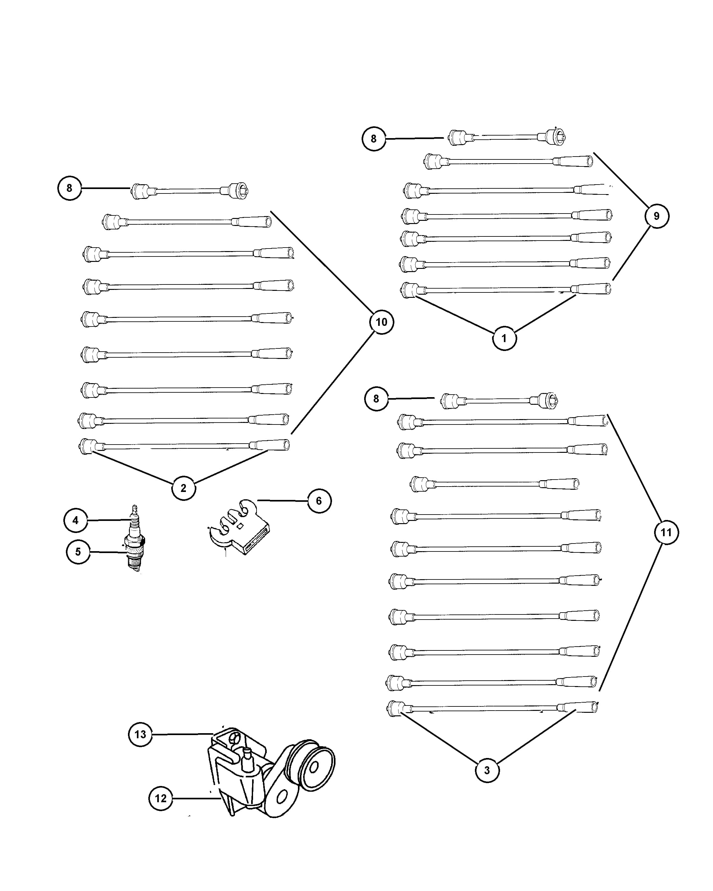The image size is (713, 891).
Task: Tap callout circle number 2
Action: pos(184,488)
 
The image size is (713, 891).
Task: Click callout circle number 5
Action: pos(78,552)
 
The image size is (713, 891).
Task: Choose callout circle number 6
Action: pos(319,501)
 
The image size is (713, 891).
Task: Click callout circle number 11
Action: pos(666,532)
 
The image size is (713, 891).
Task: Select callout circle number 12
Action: pos(161,798)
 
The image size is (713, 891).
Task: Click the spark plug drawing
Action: pos(135,538)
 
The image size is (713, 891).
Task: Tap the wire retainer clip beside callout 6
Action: pos(238,527)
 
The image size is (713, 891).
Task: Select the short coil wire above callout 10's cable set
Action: pos(190,191)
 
